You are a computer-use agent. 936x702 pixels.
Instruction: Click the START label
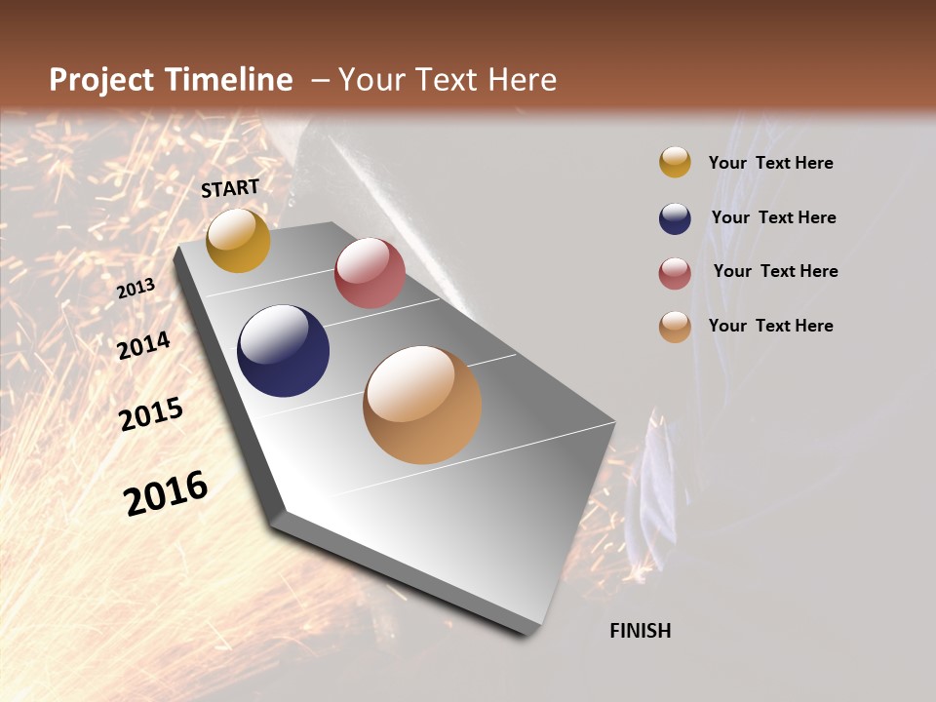(230, 188)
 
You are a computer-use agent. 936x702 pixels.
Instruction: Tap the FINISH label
(641, 631)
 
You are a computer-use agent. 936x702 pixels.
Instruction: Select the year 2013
(136, 289)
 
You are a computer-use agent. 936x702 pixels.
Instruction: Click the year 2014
(144, 345)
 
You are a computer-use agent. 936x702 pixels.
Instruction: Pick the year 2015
(151, 414)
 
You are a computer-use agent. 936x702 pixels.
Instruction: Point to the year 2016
(166, 493)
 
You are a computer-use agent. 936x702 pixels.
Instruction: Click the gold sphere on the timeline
(238, 240)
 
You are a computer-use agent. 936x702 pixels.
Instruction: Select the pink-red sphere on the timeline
(370, 273)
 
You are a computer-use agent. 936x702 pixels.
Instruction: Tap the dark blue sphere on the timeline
(283, 351)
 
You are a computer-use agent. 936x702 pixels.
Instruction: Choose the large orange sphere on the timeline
(422, 405)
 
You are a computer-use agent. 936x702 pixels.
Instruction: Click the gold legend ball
(675, 163)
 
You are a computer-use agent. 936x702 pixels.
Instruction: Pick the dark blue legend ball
(675, 218)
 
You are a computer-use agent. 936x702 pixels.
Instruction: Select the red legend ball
(675, 273)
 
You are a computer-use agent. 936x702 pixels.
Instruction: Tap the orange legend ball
(675, 327)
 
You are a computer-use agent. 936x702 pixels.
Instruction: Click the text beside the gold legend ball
(770, 164)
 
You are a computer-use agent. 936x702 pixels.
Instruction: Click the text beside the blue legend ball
(773, 217)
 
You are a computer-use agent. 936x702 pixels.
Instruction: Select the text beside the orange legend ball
(770, 326)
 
